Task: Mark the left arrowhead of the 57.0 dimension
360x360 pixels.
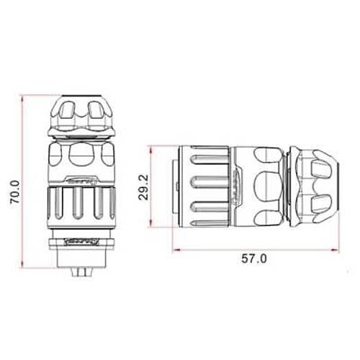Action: click(x=177, y=251)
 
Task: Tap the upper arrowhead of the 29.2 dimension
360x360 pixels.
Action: click(x=151, y=148)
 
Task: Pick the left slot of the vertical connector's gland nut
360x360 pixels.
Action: click(x=67, y=112)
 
